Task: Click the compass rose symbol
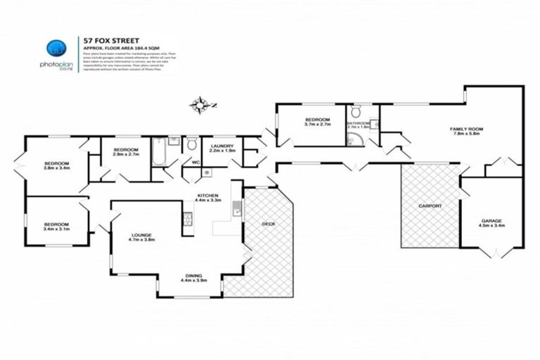[200, 106]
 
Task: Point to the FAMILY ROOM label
[466, 129]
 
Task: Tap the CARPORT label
[430, 206]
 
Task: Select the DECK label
[269, 224]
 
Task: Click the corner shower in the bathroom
[353, 139]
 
